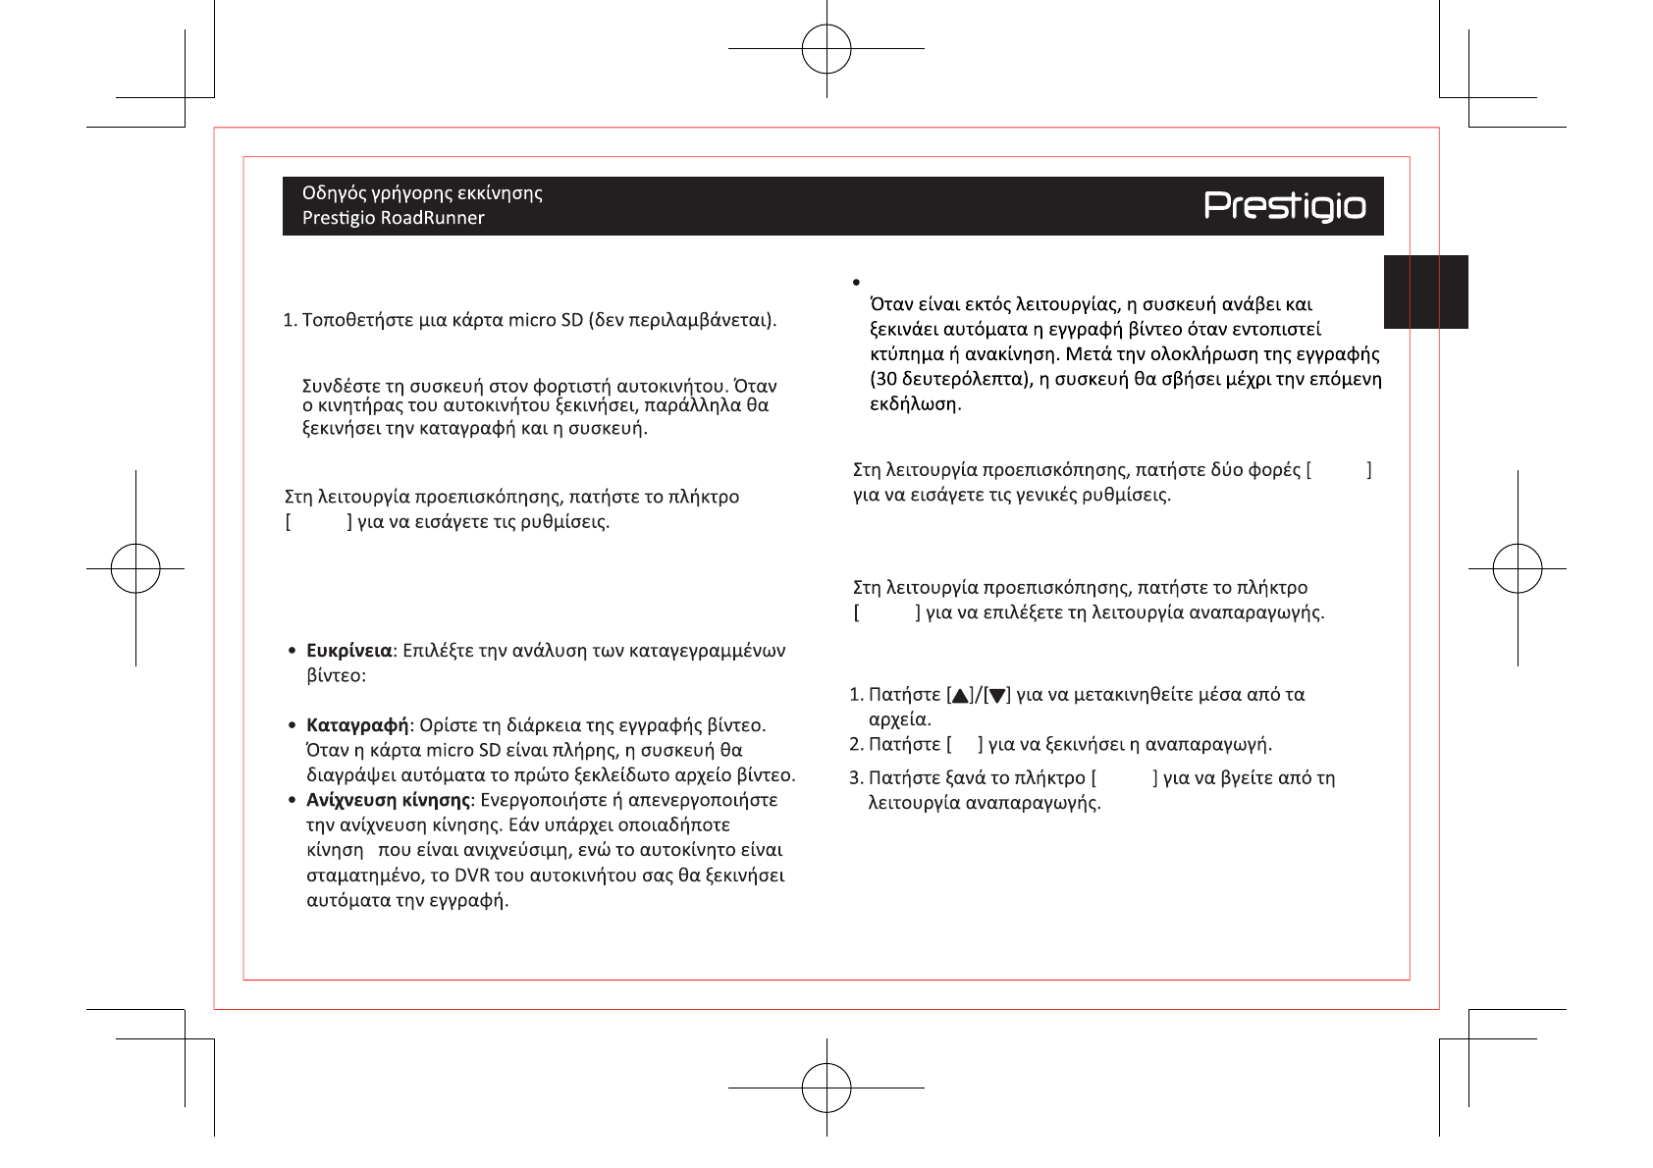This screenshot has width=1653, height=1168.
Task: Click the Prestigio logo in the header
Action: (x=1284, y=206)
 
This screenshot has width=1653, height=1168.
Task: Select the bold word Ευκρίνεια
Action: (x=348, y=651)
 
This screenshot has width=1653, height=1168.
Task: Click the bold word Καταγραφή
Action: (x=357, y=725)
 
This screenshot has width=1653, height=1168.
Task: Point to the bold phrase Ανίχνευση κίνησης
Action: (x=388, y=800)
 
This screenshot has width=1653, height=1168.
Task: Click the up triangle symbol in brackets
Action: (x=960, y=696)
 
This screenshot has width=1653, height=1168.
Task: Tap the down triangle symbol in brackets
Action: (x=997, y=696)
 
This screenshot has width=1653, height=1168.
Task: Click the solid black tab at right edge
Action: (x=1425, y=292)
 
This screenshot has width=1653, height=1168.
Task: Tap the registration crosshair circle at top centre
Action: (x=826, y=49)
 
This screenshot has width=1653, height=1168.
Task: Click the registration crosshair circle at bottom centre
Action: (x=826, y=1088)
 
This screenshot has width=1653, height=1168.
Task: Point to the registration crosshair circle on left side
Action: (x=135, y=568)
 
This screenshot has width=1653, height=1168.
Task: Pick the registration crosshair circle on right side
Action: (x=1518, y=568)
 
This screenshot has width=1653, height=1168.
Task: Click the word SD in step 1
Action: (x=571, y=321)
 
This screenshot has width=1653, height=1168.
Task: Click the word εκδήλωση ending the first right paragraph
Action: (x=914, y=404)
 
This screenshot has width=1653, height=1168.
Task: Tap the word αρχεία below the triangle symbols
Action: (x=898, y=719)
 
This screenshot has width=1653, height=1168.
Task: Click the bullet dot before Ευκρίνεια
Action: (x=293, y=651)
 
